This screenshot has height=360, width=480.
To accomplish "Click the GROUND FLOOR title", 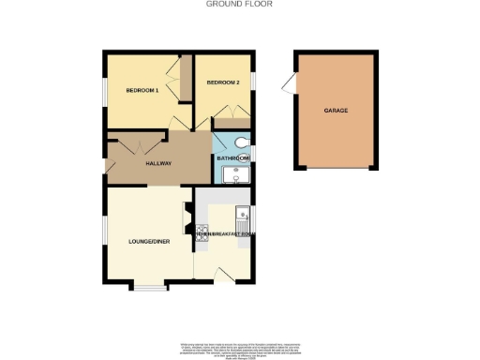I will [240, 4].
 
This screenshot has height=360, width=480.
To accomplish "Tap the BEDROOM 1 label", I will [142, 90].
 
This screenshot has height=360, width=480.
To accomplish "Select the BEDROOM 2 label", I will [224, 82].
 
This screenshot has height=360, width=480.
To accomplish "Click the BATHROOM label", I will [233, 158].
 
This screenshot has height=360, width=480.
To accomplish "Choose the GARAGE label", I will [336, 111].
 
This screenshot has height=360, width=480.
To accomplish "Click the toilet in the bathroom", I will [242, 142].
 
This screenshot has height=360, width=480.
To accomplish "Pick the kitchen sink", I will [243, 211].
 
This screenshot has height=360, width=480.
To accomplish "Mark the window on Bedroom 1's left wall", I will [105, 91].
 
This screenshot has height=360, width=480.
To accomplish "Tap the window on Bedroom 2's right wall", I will [251, 82].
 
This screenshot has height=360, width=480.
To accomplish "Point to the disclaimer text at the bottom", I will [240, 348].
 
